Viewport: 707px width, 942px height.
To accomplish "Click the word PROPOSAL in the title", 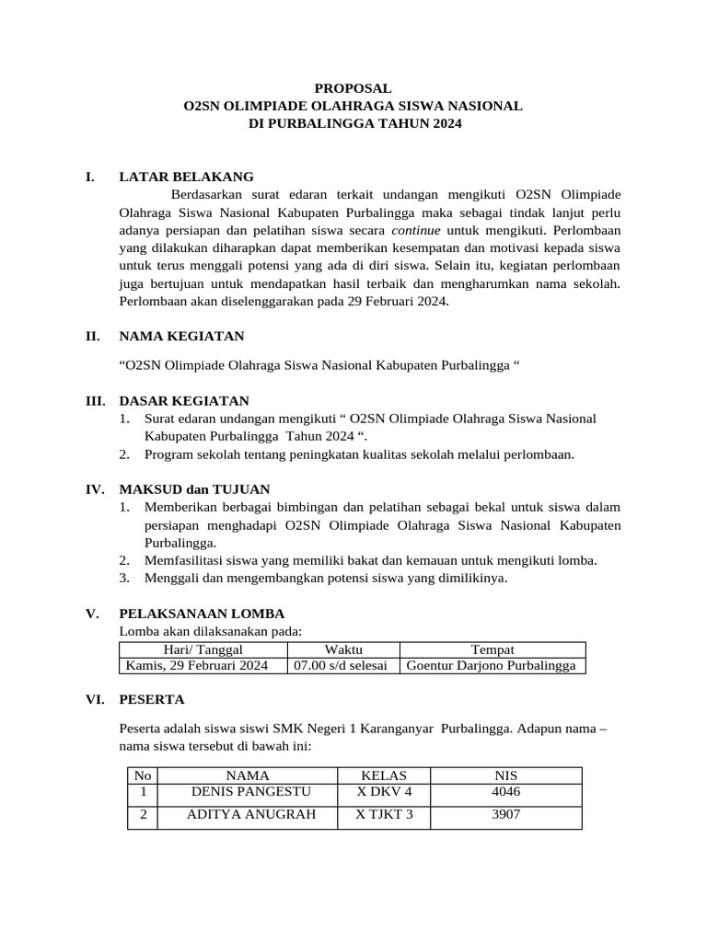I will [x=353, y=88].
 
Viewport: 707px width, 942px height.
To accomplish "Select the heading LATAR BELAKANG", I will [x=187, y=177].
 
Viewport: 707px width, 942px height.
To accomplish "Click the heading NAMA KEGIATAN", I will [x=182, y=337].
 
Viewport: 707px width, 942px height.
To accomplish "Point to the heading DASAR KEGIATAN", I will [x=184, y=401].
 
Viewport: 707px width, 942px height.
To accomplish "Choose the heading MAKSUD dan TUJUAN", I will [x=195, y=489].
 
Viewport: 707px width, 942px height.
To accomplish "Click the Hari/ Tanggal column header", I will [x=202, y=650].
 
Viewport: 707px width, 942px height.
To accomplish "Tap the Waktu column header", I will [x=343, y=650].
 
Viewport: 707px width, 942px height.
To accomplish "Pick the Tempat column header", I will [x=492, y=650].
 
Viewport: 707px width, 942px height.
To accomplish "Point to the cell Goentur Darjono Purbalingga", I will [x=491, y=666].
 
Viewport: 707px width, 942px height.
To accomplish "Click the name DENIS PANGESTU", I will [x=250, y=791].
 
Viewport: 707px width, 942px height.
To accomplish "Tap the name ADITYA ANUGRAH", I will [x=250, y=814].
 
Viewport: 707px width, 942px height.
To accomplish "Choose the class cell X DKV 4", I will [x=384, y=791].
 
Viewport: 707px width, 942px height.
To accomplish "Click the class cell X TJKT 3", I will [x=384, y=814].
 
